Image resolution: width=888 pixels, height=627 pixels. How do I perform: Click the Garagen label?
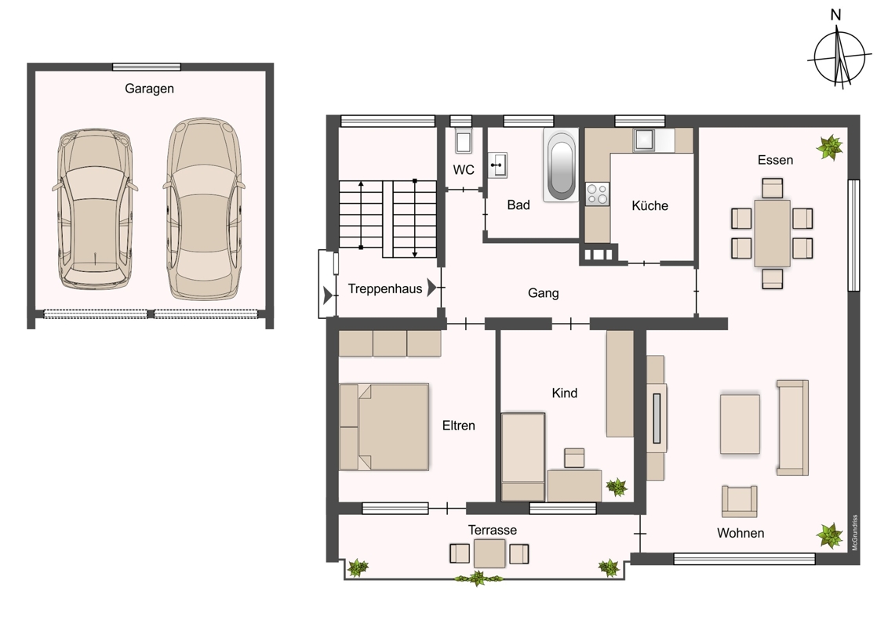pyautogui.click(x=149, y=89)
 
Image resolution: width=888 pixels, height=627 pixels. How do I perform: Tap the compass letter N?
pyautogui.click(x=835, y=15)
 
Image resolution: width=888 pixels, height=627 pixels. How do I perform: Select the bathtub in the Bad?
pyautogui.click(x=561, y=164)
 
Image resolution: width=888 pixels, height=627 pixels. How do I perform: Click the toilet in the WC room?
pyautogui.click(x=464, y=141)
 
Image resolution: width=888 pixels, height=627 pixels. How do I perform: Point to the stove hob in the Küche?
pyautogui.click(x=598, y=194)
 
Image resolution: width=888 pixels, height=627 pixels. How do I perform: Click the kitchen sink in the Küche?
pyautogui.click(x=645, y=140)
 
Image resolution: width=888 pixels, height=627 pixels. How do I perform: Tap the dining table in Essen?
pyautogui.click(x=772, y=233)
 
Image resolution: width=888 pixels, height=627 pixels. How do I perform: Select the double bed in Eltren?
pyautogui.click(x=384, y=426)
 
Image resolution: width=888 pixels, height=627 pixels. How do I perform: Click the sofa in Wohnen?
pyautogui.click(x=792, y=427)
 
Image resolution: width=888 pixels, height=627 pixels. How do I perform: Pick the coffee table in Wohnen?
pyautogui.click(x=740, y=424)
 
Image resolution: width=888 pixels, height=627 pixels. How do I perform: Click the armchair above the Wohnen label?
pyautogui.click(x=739, y=501)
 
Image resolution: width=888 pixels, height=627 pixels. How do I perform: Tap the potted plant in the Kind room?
pyautogui.click(x=616, y=487)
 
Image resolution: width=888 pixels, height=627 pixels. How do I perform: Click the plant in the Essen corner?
pyautogui.click(x=830, y=147)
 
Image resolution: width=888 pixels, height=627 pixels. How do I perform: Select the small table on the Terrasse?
pyautogui.click(x=489, y=553)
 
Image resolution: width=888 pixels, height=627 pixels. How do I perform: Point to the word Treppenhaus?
pyautogui.click(x=385, y=288)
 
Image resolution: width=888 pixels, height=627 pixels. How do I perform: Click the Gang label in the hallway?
pyautogui.click(x=543, y=293)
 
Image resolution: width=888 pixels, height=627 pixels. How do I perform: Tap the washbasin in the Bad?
pyautogui.click(x=498, y=165)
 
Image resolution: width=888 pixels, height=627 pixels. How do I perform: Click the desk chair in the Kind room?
pyautogui.click(x=574, y=458)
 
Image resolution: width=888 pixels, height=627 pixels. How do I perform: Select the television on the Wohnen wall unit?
pyautogui.click(x=657, y=419)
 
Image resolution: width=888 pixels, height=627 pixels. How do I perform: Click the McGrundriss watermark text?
pyautogui.click(x=855, y=532)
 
